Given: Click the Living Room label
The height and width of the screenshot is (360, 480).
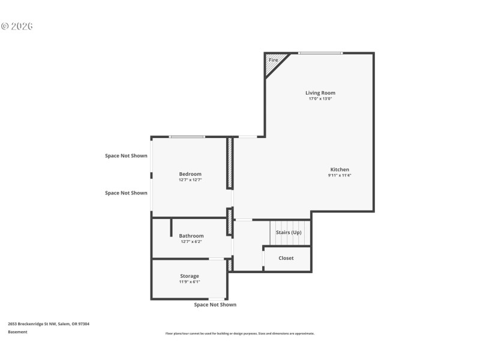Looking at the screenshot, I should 320,93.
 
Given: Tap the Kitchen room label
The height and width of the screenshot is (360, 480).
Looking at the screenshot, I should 339,169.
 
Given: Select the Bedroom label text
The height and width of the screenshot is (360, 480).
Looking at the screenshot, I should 190,174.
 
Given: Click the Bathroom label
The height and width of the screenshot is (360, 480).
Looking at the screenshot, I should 191,236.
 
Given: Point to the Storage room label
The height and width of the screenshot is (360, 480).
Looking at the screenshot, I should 190,276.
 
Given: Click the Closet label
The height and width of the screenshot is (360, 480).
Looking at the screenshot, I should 286,258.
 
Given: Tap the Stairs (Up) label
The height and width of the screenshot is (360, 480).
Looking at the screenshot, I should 288,232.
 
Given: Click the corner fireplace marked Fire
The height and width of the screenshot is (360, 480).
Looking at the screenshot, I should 274,61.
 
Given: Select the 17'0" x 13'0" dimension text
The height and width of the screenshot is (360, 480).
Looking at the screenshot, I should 320,99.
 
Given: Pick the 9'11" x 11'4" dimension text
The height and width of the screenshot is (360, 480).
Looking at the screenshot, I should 339,175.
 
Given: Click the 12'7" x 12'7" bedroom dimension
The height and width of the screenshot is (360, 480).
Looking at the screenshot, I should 190,180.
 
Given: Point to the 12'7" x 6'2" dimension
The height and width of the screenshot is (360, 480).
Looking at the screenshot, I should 191,242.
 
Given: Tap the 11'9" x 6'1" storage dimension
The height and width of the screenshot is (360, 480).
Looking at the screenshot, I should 190,281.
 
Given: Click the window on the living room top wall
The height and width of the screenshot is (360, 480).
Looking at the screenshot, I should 320,53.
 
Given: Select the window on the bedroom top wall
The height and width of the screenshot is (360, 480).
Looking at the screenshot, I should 187,137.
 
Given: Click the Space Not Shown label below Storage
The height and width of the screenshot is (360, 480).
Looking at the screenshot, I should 215,305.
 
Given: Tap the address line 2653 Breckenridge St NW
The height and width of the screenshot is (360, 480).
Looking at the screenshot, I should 48,324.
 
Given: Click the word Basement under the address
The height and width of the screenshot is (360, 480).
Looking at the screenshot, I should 17,332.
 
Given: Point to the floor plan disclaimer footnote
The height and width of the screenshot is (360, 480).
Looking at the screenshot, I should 239,334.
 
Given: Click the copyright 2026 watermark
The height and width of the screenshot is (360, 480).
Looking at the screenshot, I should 17,26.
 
